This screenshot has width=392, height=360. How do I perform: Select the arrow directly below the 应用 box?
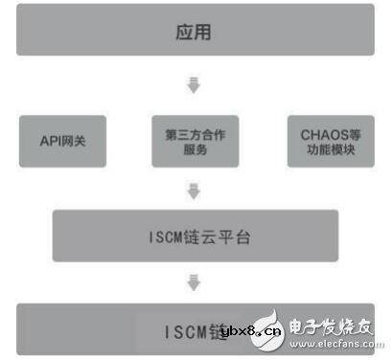coord(194,85)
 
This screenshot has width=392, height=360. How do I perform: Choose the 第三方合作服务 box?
coord(193,141)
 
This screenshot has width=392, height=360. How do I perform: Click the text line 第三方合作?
coord(193,133)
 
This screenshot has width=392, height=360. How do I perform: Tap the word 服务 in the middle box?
coord(193,150)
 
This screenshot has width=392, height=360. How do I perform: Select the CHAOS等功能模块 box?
coord(324,141)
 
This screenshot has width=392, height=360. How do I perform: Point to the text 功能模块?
coord(324,150)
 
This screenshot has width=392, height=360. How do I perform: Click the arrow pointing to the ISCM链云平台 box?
coord(194,192)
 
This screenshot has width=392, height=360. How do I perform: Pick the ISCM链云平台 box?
coord(195,236)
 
